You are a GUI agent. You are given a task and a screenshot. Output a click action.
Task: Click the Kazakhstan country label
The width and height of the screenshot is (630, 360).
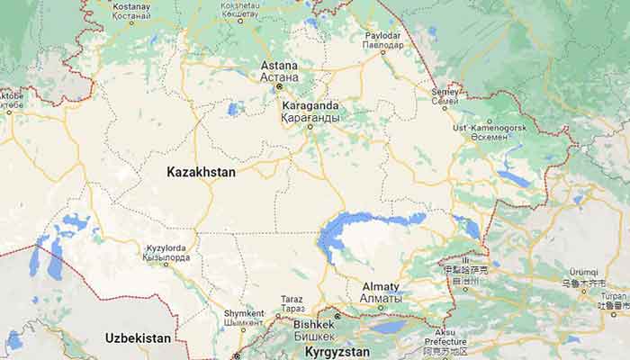[201, 170]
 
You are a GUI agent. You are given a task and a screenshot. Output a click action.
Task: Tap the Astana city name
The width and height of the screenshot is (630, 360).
[279, 66]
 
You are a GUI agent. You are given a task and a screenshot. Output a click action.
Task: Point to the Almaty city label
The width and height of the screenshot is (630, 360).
[381, 287]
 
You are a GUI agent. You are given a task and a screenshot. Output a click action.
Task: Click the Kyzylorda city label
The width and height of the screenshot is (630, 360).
[166, 247]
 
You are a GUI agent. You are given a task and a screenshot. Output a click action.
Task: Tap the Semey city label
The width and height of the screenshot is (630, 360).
[445, 91]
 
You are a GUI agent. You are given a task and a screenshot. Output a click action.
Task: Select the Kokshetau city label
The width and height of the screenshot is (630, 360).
[239, 7]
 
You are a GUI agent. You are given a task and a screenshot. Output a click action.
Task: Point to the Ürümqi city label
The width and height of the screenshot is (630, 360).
[583, 272]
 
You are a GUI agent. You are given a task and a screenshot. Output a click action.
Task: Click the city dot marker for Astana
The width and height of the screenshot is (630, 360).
[279, 86]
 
